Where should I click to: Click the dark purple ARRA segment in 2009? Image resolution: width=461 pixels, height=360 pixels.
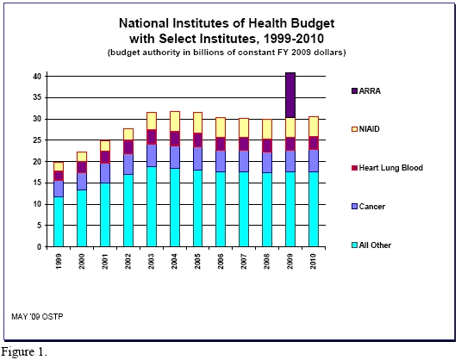(x=290, y=95)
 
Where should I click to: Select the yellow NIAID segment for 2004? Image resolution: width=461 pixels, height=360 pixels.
(x=175, y=121)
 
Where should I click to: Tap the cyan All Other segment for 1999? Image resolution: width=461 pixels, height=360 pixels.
(x=59, y=222)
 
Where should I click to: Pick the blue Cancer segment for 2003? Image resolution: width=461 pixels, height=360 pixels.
(x=152, y=156)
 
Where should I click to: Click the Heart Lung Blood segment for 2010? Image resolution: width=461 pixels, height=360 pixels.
(x=314, y=143)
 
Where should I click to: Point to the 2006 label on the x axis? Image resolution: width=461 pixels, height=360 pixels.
(x=221, y=261)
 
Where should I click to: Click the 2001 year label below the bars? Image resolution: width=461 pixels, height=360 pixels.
(x=105, y=261)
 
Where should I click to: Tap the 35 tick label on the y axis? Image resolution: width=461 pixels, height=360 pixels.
(x=37, y=97)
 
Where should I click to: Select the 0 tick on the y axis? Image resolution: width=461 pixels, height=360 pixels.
(x=39, y=247)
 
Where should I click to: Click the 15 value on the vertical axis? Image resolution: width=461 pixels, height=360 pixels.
(x=37, y=183)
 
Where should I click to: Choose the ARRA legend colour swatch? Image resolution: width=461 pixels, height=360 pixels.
(x=354, y=90)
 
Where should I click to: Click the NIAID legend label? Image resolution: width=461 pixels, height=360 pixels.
(x=370, y=129)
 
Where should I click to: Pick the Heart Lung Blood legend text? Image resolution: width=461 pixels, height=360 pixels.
(x=391, y=168)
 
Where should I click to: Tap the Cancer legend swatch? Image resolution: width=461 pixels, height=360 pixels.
(x=354, y=207)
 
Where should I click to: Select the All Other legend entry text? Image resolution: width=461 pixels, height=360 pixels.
(x=375, y=245)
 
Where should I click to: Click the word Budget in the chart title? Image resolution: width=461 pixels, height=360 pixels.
(x=313, y=23)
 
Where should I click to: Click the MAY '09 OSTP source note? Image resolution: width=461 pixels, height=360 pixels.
(x=37, y=317)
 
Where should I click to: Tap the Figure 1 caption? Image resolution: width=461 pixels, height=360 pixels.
(x=24, y=351)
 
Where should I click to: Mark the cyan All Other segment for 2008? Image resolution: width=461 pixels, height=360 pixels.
(x=267, y=210)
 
